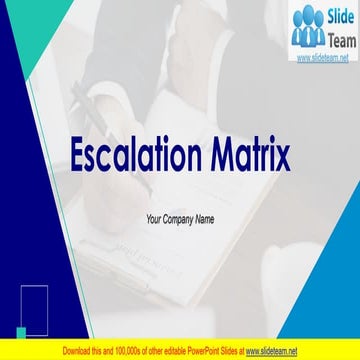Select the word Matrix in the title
coord(251,155)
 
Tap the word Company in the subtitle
coord(180,219)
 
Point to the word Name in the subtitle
coord(213,219)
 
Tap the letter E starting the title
coord(75,155)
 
